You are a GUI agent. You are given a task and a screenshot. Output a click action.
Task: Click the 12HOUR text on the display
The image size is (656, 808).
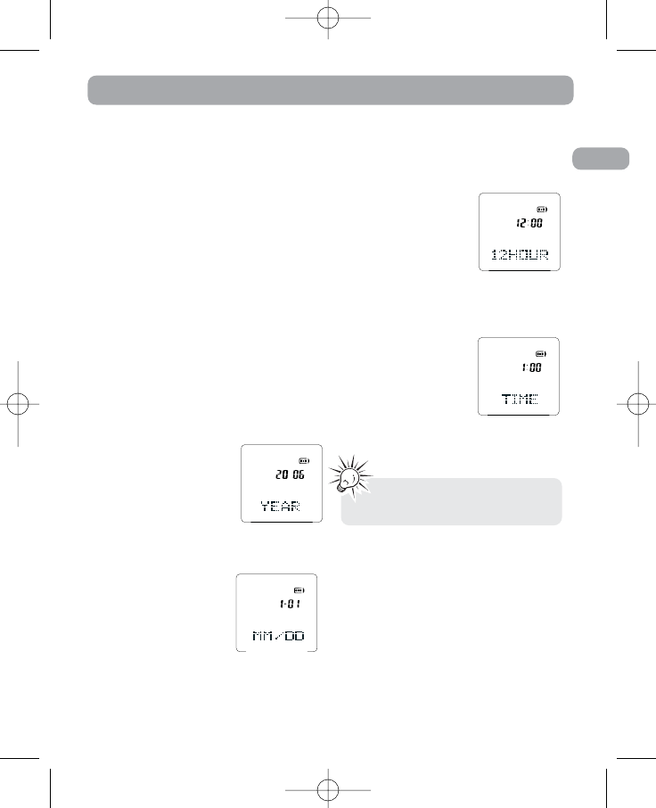(x=521, y=258)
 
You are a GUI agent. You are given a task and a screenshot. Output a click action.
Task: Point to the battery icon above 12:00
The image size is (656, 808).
(x=543, y=209)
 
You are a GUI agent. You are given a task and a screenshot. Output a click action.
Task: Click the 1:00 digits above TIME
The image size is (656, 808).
(x=532, y=367)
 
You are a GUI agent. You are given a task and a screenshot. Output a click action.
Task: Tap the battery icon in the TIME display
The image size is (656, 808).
(x=543, y=352)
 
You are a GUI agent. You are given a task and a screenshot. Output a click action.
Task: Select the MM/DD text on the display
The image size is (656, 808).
(x=276, y=637)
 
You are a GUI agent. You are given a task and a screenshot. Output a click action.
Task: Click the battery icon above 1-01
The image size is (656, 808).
(x=299, y=590)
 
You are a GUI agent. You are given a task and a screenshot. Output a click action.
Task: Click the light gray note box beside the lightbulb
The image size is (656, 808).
(x=453, y=502)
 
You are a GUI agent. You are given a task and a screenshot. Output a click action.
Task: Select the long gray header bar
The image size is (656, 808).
(x=330, y=91)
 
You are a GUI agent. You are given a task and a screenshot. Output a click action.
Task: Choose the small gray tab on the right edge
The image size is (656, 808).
(x=599, y=159)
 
